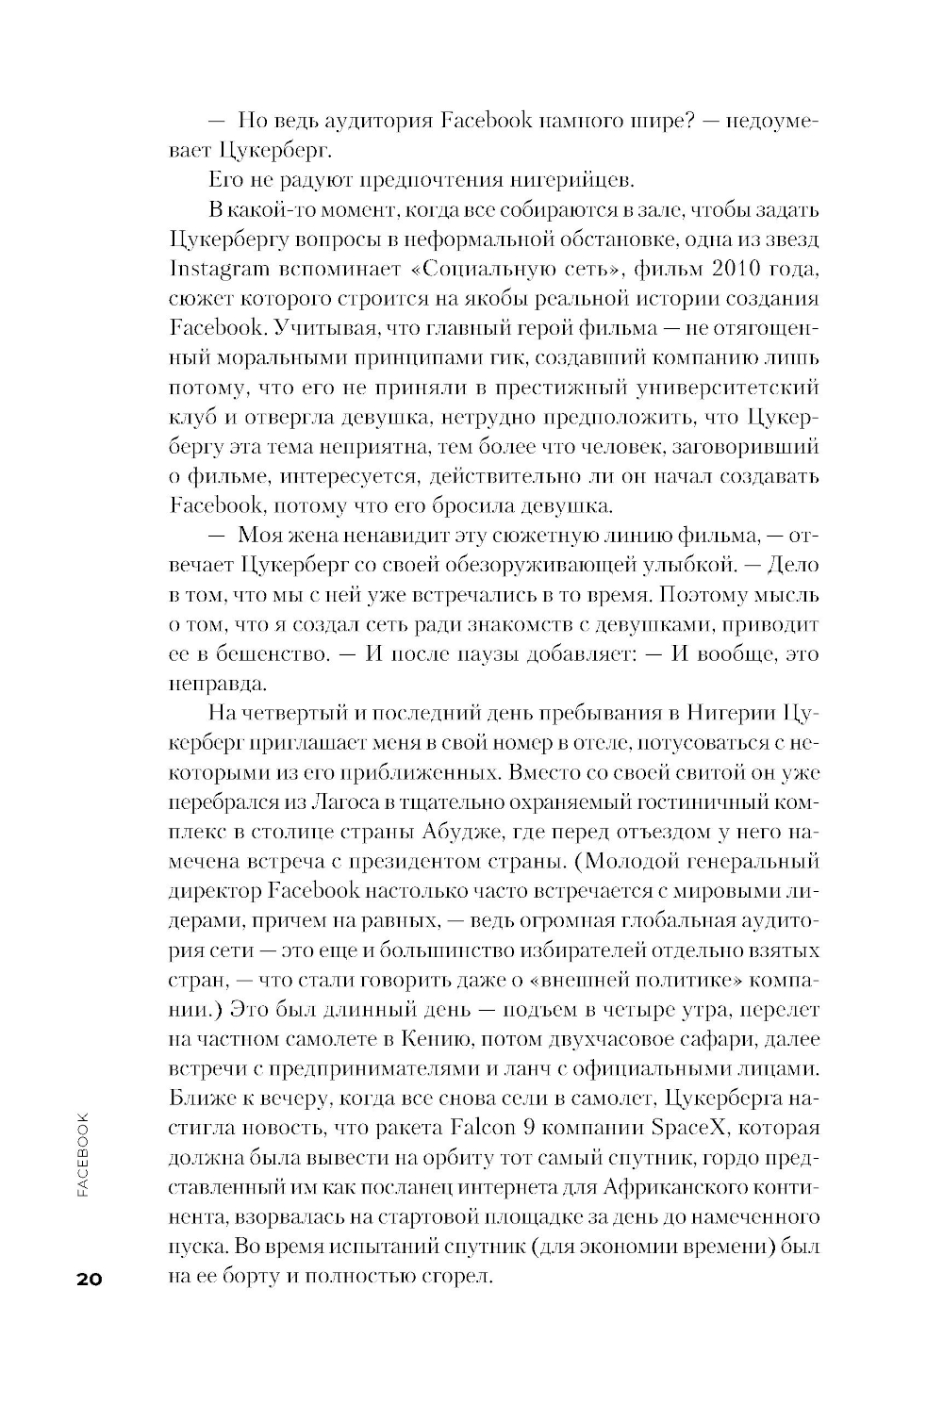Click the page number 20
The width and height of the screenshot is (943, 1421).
[x=87, y=1280]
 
